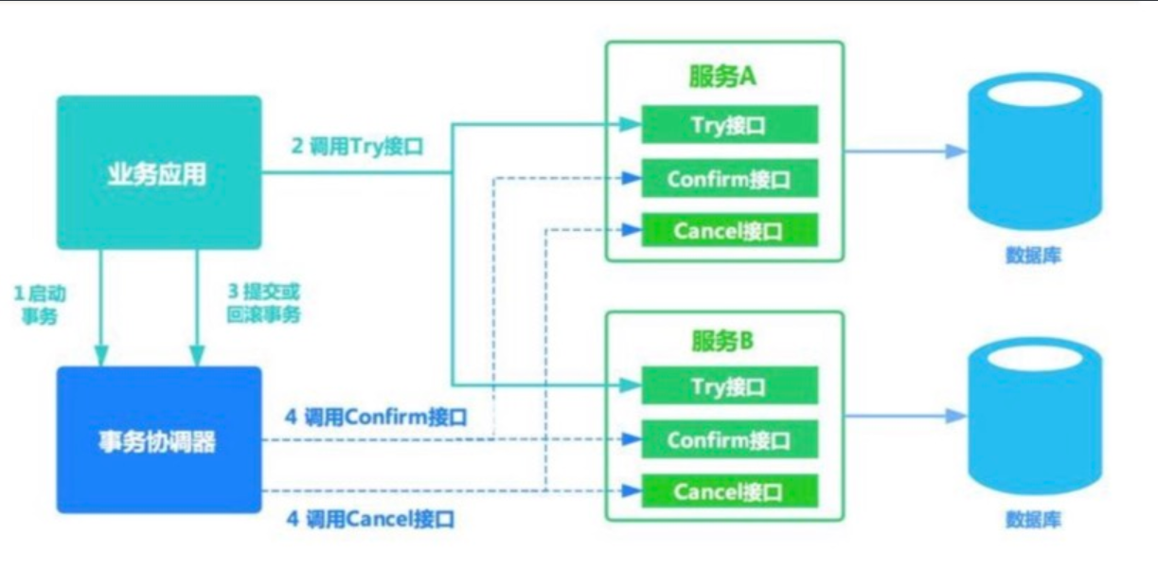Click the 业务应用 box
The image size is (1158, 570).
158,172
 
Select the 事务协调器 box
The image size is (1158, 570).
158,440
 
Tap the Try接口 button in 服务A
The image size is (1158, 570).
729,124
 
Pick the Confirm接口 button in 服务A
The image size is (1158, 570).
729,178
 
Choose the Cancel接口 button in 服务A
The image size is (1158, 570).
729,230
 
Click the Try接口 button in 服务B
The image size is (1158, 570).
729,386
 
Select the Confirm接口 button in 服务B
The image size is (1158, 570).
729,439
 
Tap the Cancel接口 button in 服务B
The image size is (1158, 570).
729,491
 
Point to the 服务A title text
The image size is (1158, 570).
722,77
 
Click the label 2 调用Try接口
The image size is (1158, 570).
357,147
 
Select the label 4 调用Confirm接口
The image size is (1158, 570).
376,418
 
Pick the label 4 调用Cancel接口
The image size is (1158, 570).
370,519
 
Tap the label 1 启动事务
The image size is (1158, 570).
39,304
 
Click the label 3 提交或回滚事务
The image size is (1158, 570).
263,304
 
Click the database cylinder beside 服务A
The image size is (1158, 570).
1034,151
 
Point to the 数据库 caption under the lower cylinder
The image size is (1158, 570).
1033,519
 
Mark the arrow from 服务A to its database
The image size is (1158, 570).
904,151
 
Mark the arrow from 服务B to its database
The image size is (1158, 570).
904,416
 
